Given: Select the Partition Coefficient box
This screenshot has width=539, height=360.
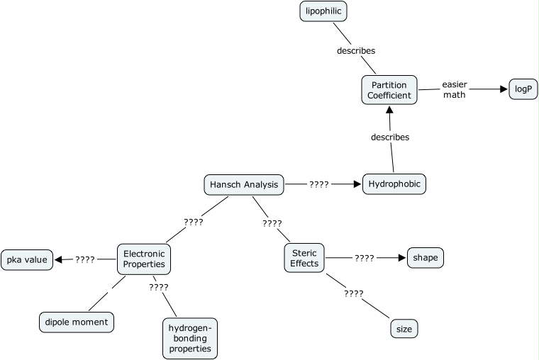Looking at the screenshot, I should [389, 90].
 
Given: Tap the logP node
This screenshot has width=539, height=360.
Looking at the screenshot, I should [523, 90].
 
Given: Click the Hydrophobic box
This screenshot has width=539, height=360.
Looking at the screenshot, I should [394, 184].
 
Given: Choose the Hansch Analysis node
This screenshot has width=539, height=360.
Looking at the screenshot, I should [244, 185].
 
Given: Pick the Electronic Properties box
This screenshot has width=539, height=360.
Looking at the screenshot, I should [144, 259].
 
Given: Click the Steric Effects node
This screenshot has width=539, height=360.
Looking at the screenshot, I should [304, 258].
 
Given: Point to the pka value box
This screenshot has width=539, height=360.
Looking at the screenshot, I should [27, 260].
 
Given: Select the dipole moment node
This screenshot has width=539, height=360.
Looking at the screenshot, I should [76, 322].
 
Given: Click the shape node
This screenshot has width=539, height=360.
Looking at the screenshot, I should [426, 258].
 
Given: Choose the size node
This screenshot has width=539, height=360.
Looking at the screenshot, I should [404, 329].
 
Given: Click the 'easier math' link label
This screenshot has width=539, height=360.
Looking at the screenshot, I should [455, 89].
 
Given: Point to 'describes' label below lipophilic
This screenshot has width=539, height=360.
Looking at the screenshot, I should [356, 51].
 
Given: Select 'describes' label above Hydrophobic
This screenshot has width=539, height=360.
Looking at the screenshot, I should [390, 137].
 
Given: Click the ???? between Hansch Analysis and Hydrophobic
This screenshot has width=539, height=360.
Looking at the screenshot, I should [318, 184].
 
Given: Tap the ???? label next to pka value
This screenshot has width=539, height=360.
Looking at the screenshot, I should [85, 259].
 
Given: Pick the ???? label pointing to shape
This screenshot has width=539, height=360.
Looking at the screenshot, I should [365, 258].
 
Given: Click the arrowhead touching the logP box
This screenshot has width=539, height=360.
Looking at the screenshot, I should [504, 89].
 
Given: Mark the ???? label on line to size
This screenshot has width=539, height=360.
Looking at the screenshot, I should [353, 293].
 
